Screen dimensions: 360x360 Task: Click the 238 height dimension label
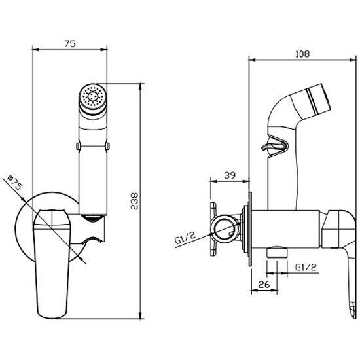click(x=134, y=201)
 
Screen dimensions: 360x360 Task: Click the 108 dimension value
click(x=302, y=54)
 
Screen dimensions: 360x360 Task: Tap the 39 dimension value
click(x=230, y=175)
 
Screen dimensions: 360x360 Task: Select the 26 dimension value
click(x=264, y=285)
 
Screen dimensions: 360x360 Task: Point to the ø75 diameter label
click(x=14, y=183)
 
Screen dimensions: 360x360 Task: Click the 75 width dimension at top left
click(x=70, y=44)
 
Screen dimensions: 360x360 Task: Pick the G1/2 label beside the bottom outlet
click(x=306, y=267)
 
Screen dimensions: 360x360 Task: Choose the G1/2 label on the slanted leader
click(x=185, y=238)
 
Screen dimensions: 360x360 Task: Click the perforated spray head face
click(x=93, y=96)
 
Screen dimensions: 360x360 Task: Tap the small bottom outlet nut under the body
click(x=277, y=252)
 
